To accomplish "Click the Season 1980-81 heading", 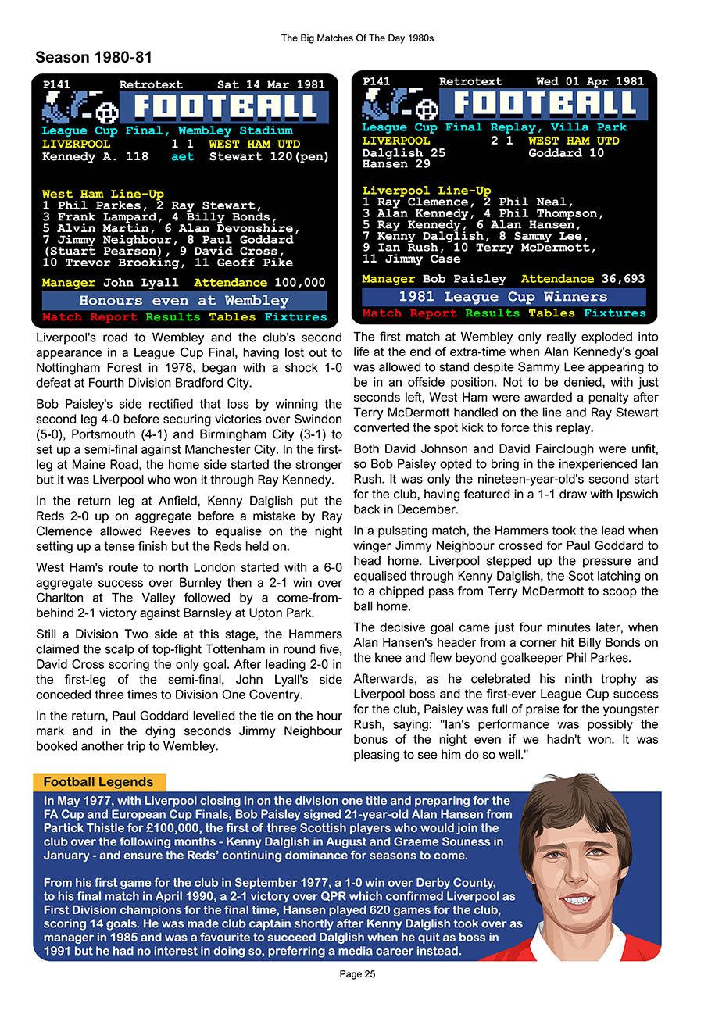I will (94, 57).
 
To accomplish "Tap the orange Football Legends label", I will (98, 782).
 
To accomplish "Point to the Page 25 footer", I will (357, 974).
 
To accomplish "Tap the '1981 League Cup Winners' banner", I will (503, 297).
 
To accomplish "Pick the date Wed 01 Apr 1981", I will (590, 81).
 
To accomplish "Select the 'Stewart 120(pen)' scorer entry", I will (269, 156).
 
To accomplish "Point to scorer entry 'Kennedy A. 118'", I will (95, 156).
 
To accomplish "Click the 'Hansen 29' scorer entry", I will (396, 164).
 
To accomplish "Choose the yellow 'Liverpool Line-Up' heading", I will (427, 191).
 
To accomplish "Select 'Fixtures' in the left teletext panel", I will (295, 317).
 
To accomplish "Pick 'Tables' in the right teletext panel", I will (552, 313).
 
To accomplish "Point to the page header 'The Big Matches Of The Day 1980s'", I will (357, 38).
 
